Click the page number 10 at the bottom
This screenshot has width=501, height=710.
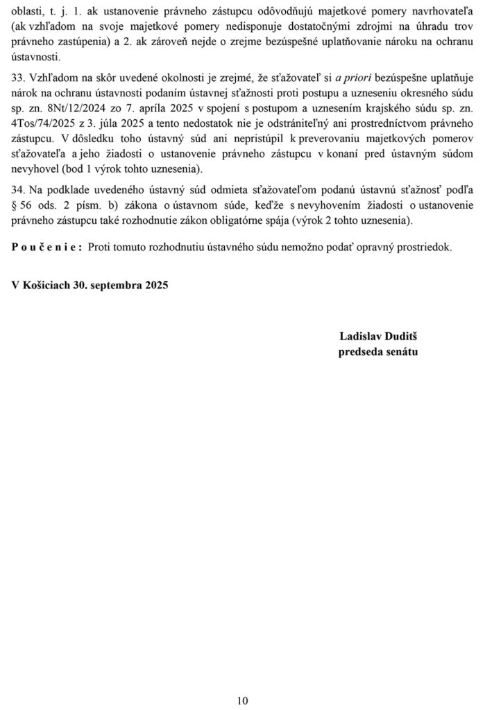tap(242, 700)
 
